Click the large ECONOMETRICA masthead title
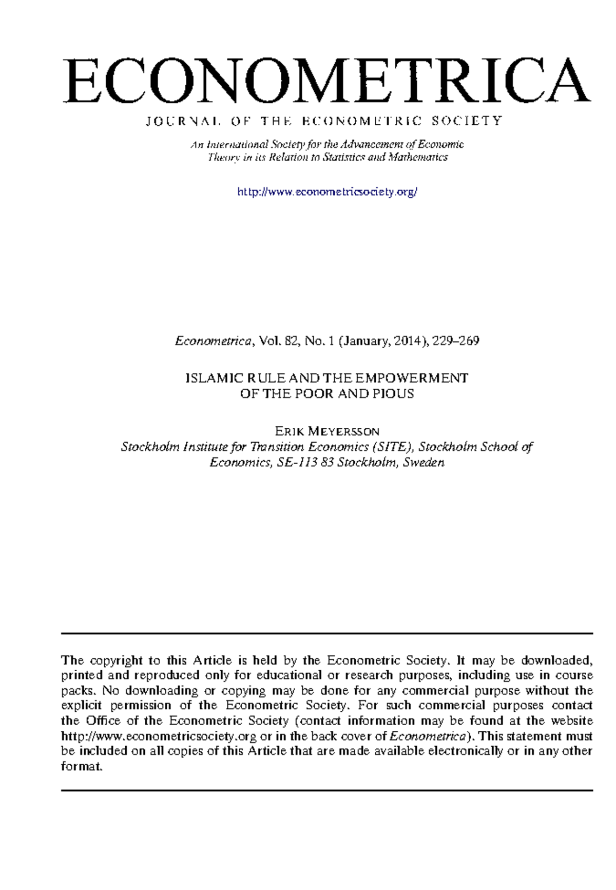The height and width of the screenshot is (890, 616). (327, 81)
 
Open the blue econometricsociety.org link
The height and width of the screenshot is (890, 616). (327, 192)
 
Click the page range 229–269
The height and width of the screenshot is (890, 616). (456, 341)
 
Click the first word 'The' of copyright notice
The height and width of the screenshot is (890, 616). (72, 660)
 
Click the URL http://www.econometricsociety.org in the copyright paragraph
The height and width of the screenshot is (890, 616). (159, 736)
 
